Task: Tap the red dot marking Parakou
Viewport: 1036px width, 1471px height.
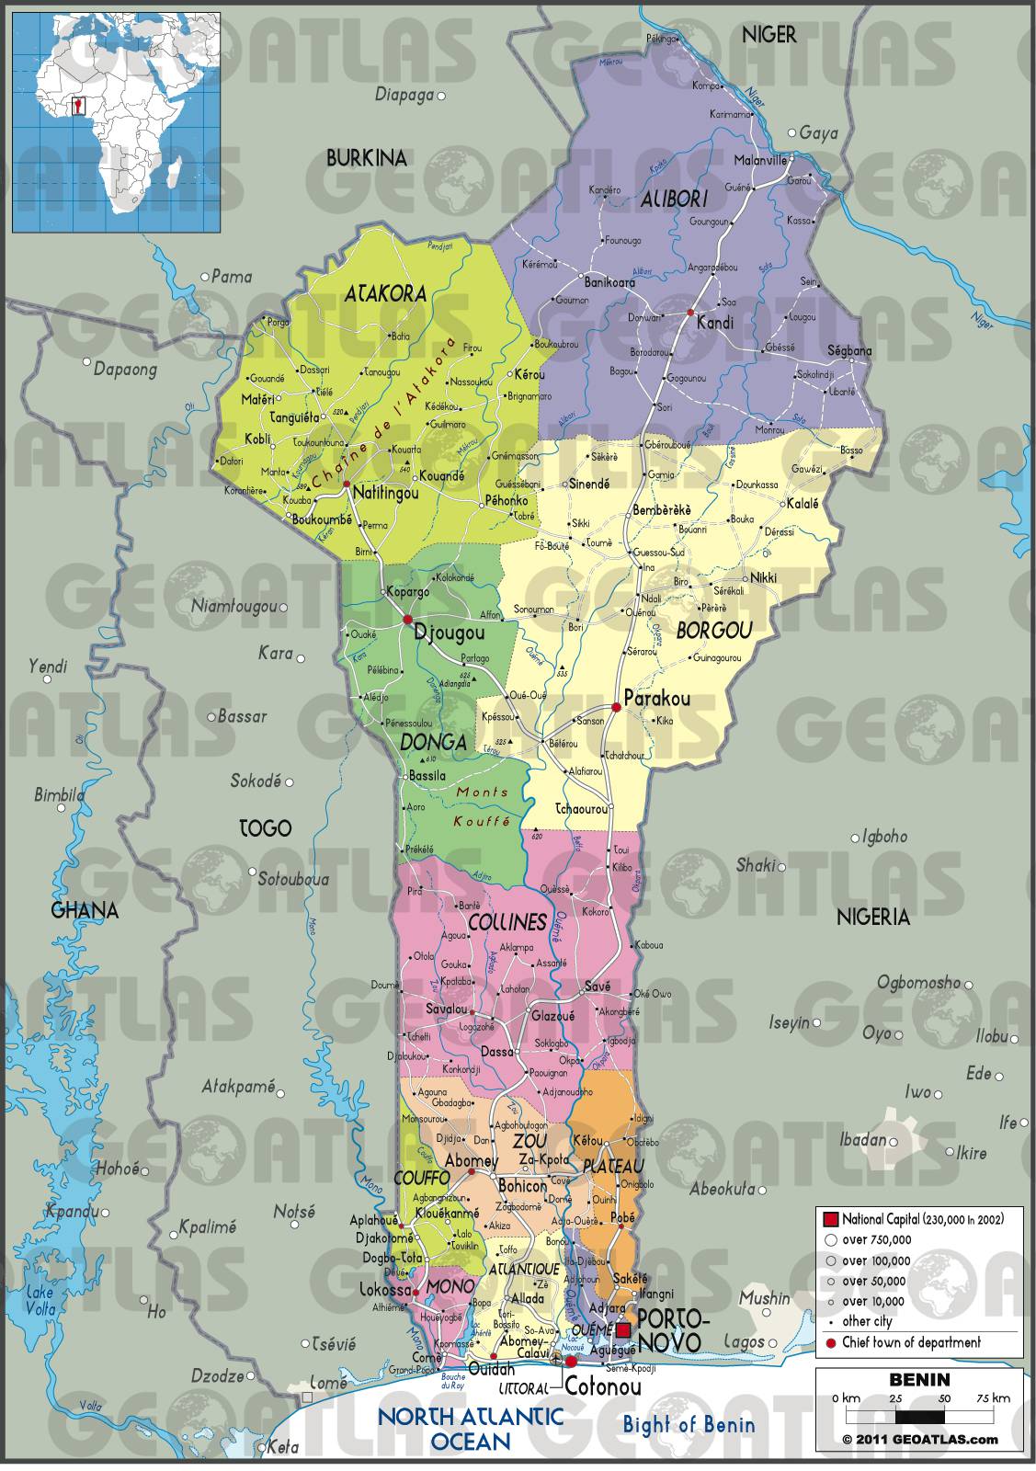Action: pos(617,707)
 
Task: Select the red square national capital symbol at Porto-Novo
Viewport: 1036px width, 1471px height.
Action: pos(624,1330)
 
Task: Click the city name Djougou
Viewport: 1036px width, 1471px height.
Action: pos(450,633)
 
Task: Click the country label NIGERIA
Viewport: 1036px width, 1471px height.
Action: pos(872,917)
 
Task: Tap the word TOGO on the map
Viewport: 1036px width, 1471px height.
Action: pos(265,828)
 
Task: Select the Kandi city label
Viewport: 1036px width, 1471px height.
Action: pos(714,323)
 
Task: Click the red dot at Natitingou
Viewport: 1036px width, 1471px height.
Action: pos(347,484)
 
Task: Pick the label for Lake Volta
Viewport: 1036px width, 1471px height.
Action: pos(40,1301)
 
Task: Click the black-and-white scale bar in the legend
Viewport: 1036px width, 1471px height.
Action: pos(918,1418)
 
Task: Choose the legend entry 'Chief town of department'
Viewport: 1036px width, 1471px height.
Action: pos(910,1342)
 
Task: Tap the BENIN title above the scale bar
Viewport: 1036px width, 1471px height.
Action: pos(918,1380)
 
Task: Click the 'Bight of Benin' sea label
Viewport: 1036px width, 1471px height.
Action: pos(689,1425)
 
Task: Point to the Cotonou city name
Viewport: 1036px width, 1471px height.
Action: pos(602,1386)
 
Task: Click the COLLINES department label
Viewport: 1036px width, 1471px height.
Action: pos(507,922)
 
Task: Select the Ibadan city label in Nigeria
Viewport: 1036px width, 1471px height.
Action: pos(861,1140)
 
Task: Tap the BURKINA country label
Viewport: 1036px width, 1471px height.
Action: pos(366,158)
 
